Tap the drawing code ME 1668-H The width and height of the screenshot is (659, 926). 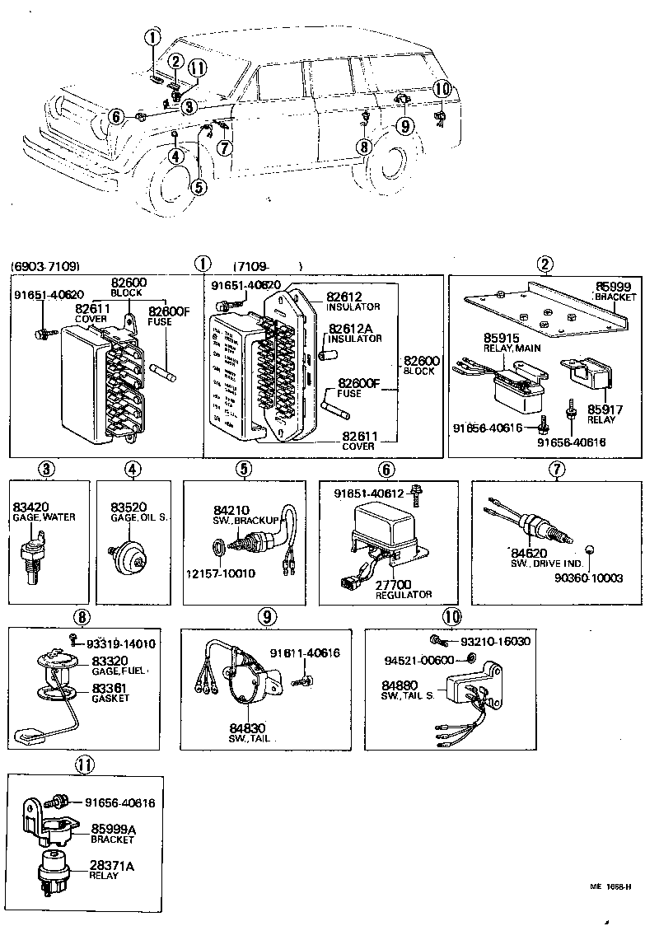pos(610,887)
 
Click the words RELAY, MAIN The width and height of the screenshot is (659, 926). pos(512,348)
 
